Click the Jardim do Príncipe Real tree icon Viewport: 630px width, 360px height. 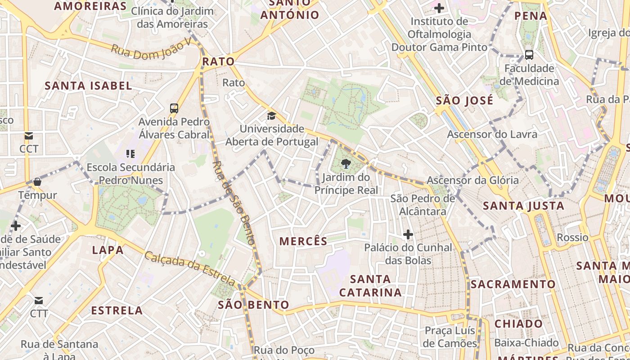tap(346, 164)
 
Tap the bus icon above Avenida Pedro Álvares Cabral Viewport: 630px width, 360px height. tap(174, 108)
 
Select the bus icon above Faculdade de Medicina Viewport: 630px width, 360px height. tap(529, 55)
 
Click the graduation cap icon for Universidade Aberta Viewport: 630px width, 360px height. tap(271, 116)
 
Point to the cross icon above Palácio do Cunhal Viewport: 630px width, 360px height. tap(408, 234)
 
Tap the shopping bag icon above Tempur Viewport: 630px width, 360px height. tap(37, 182)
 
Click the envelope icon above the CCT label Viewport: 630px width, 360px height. tap(29, 135)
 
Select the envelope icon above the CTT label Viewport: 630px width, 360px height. tap(39, 300)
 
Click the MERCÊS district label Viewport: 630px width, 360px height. tap(303, 241)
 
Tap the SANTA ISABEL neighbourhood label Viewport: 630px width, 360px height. tap(88, 85)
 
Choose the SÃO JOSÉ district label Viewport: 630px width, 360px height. tap(464, 100)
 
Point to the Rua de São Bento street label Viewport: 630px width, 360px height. tap(234, 202)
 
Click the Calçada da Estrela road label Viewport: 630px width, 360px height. tap(189, 269)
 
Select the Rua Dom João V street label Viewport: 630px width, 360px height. tap(151, 49)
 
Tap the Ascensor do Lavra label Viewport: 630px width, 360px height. tap(492, 134)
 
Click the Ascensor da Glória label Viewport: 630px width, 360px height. tap(472, 180)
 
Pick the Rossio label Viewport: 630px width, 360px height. tap(572, 237)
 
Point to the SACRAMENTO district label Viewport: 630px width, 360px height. tap(513, 284)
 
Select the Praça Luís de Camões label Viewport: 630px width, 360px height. tap(450, 337)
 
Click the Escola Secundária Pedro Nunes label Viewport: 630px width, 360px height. tap(130, 174)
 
